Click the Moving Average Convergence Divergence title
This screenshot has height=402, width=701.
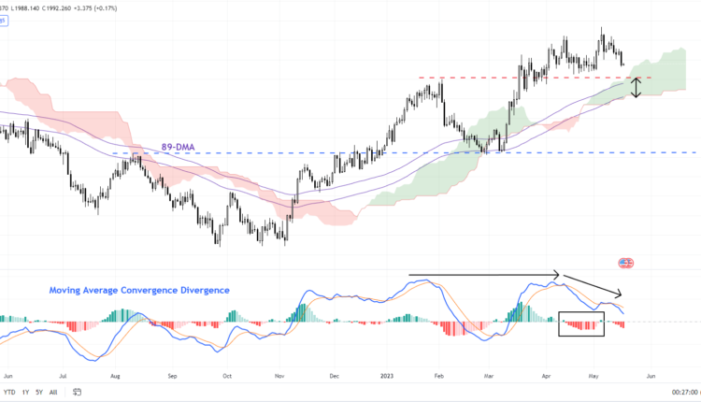click(139, 291)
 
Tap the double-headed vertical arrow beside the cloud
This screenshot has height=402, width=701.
click(637, 88)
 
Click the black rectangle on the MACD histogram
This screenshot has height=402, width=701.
click(581, 323)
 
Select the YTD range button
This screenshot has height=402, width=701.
click(8, 392)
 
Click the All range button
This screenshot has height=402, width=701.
click(53, 392)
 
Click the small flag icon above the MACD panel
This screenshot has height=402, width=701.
click(625, 263)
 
